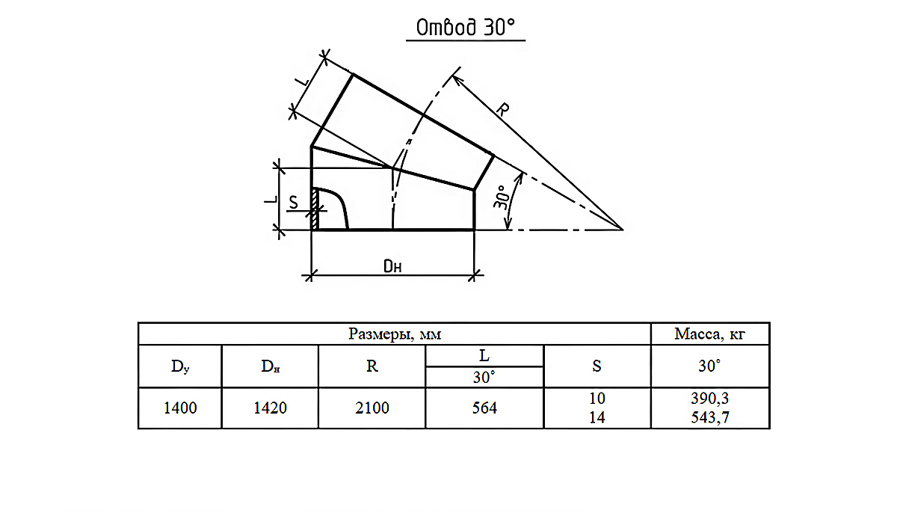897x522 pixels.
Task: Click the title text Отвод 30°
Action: [465, 28]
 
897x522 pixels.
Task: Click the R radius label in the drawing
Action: [502, 109]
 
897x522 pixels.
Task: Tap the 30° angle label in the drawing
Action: [501, 197]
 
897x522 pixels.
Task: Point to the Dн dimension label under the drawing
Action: [392, 266]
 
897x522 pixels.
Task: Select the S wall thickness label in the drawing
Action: [294, 203]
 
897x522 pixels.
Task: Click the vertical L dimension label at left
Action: [271, 199]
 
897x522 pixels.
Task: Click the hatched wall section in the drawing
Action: [315, 209]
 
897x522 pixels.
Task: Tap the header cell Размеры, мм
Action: [395, 334]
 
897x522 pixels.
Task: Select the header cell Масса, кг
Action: [709, 334]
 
